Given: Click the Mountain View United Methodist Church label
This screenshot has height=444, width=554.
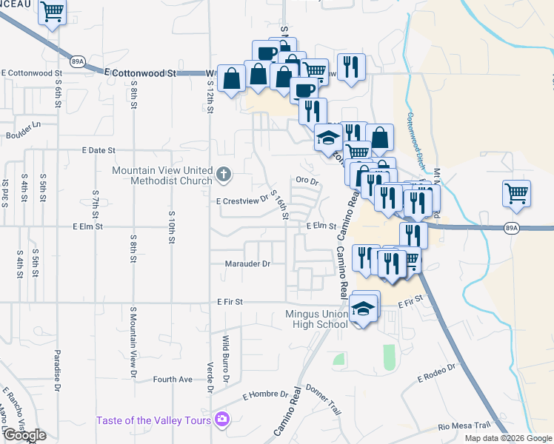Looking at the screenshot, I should (161, 175).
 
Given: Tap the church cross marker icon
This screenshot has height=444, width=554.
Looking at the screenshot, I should (224, 175).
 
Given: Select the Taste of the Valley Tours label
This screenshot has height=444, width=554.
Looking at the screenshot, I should (153, 421).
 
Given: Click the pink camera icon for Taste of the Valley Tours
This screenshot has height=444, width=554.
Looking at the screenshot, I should (221, 420).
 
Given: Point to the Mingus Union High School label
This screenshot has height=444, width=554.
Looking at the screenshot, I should (317, 319).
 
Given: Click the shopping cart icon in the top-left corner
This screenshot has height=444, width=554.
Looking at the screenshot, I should (52, 11).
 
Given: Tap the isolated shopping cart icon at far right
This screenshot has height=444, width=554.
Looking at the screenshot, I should (516, 194).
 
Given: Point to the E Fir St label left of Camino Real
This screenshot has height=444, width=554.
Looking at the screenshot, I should (230, 302).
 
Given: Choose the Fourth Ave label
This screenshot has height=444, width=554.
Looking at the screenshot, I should (173, 380).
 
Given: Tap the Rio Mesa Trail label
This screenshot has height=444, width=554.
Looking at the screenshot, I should (464, 425).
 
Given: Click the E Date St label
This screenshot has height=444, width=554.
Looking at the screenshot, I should (99, 150).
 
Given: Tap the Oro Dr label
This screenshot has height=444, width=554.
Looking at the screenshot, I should (307, 180).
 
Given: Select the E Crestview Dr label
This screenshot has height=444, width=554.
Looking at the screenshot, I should (241, 201).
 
